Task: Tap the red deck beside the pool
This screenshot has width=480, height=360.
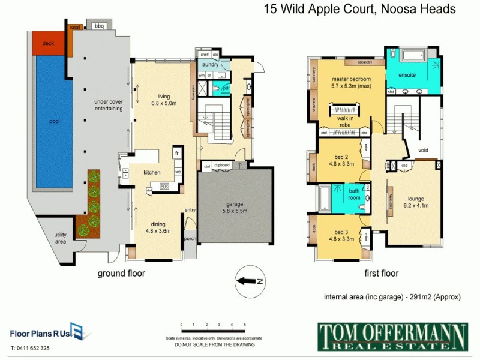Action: coord(48,43)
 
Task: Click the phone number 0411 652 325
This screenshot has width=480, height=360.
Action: coord(30,348)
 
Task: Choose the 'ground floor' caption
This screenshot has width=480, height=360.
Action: coord(121,274)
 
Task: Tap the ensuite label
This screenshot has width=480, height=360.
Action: coord(407,75)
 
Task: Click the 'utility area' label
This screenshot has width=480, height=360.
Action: coord(60,237)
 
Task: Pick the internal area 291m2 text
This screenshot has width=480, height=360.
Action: coord(392,296)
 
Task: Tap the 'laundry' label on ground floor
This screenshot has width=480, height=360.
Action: coord(209,64)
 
